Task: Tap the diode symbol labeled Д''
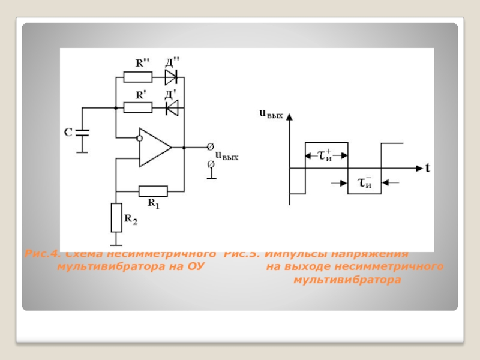point(172,77)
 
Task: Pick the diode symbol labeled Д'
point(172,108)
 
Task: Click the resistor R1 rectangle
point(152,191)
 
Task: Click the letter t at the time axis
point(428,168)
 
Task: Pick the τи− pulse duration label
point(365,181)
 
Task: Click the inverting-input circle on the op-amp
point(139,138)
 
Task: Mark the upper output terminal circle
point(210,147)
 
